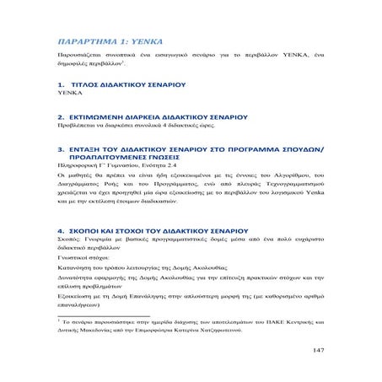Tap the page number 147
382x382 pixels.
pyautogui.click(x=316, y=349)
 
